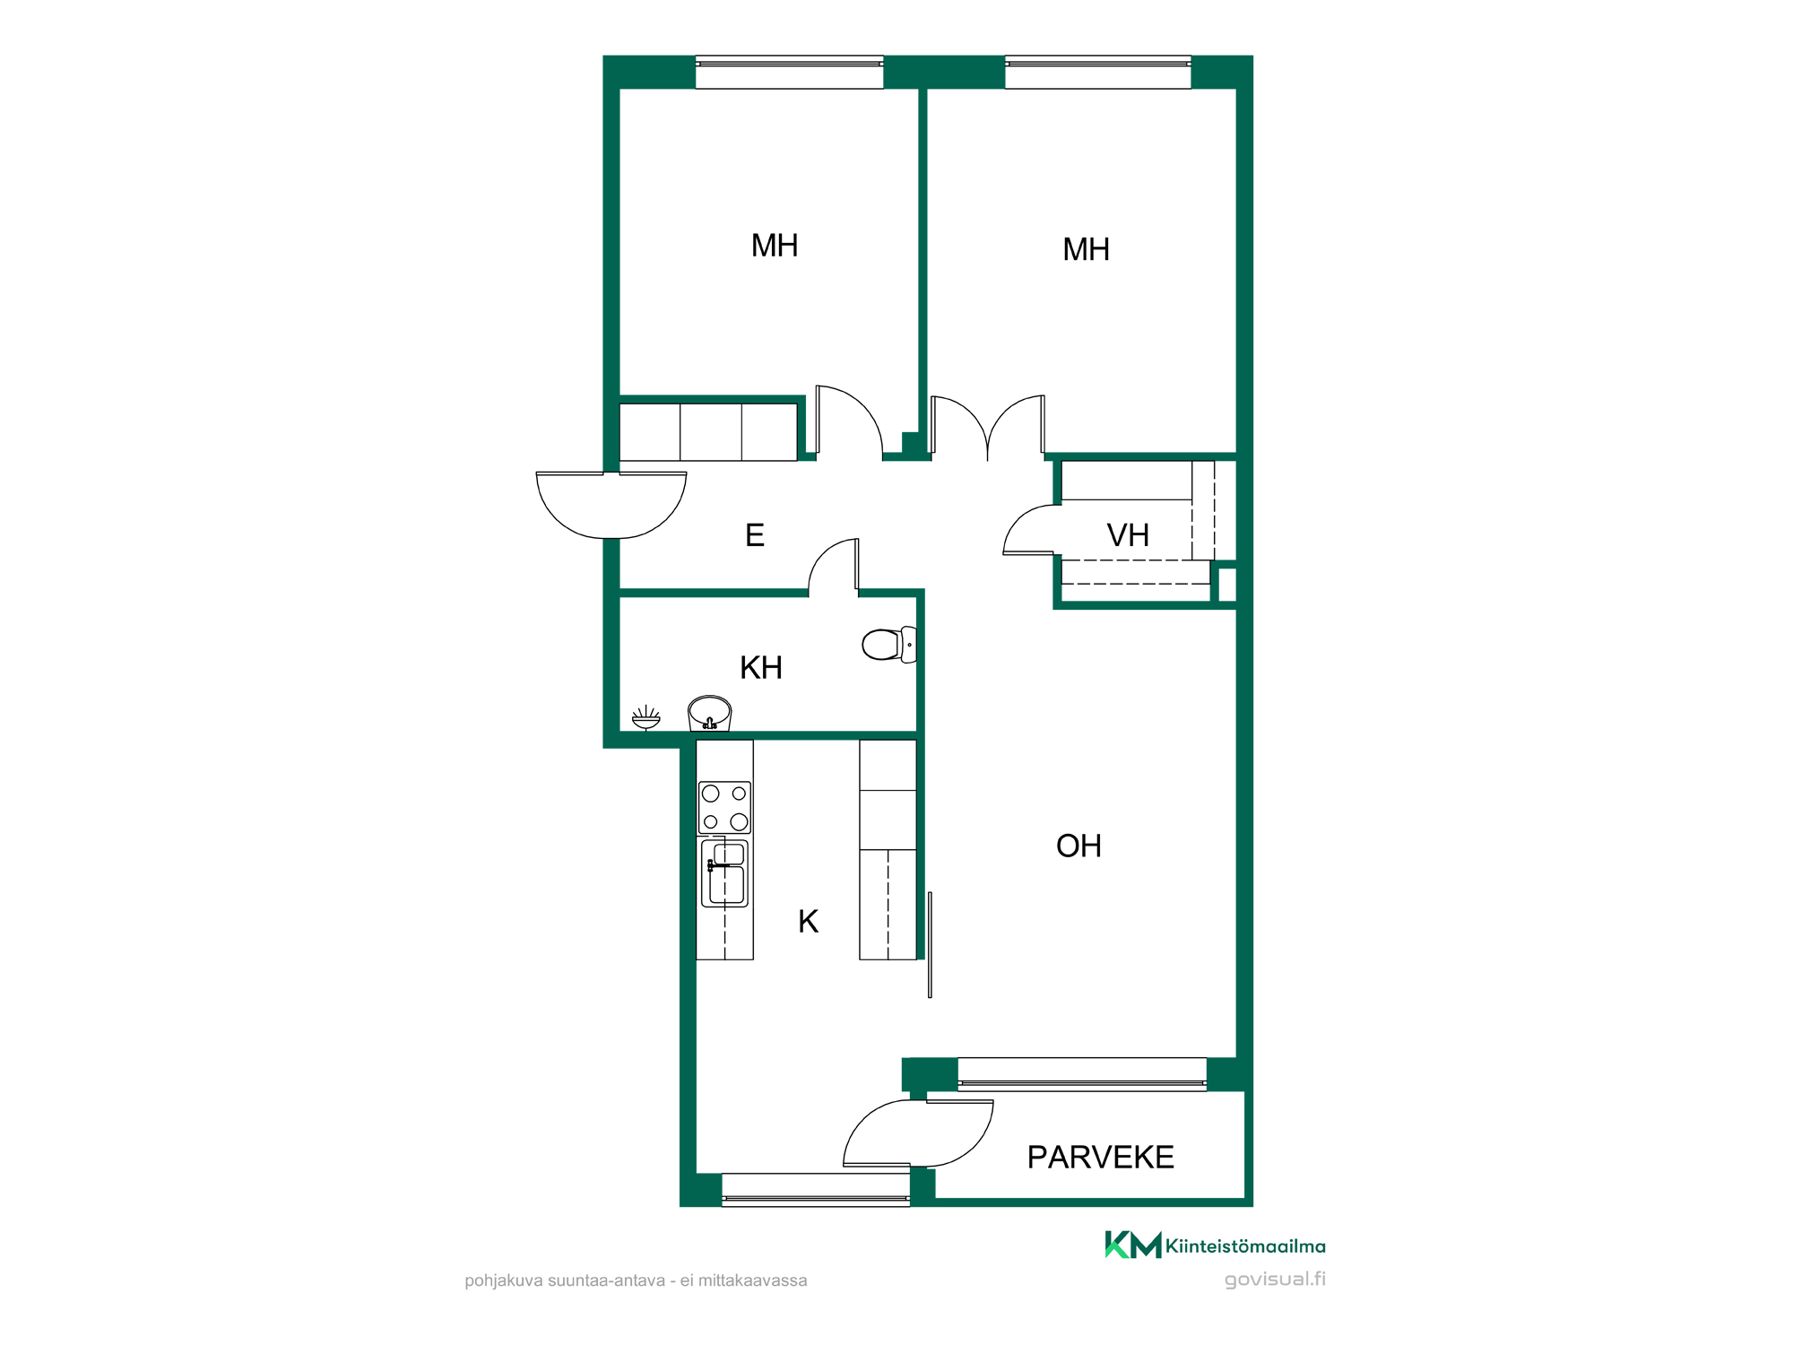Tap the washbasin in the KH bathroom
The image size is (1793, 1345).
[709, 714]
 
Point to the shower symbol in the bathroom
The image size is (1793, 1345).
[645, 718]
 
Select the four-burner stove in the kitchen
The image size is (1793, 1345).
[724, 807]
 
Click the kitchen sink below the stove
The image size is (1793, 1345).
[724, 873]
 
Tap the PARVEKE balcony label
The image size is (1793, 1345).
[1100, 1158]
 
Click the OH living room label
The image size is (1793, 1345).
[1078, 846]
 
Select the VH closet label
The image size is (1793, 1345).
[1128, 535]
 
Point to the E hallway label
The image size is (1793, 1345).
[755, 535]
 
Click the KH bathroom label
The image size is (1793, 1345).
[761, 668]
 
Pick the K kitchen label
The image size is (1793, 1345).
[808, 922]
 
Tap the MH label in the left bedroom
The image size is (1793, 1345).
[775, 246]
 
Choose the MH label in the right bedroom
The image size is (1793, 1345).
[1086, 249]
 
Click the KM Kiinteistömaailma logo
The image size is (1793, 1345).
[1215, 1245]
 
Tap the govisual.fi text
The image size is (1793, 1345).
[1275, 1280]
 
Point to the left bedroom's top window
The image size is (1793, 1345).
[789, 72]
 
